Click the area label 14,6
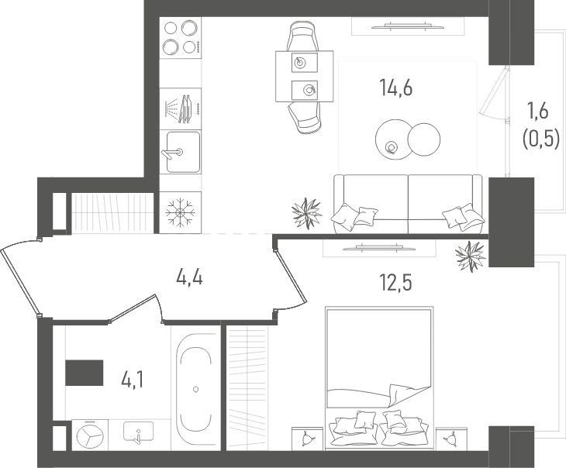pos(396,88)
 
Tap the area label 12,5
pos(396,283)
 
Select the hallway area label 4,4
pos(189,278)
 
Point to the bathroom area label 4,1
pos(133,380)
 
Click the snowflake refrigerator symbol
pos(180,212)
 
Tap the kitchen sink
pos(183,152)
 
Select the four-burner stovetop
pos(181,37)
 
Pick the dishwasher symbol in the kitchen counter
pos(181,108)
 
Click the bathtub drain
pos(195,389)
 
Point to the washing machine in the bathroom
pos(90,435)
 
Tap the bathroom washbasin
pos(138,432)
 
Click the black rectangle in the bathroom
pos(84,373)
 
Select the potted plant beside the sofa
pos(306,213)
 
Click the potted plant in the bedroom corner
pos(471,256)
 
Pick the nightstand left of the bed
pos(307,439)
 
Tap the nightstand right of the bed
pos(451,439)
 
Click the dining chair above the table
pos(302,36)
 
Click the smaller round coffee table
pos(424,139)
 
